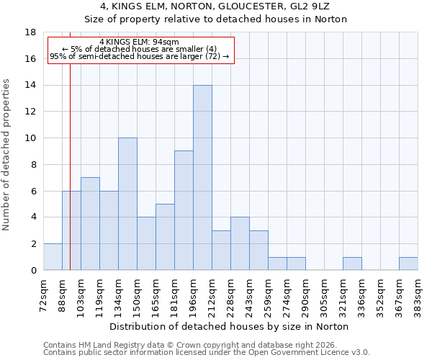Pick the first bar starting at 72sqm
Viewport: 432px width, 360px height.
53,257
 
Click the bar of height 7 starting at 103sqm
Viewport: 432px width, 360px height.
90,224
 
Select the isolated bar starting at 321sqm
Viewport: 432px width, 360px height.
352,264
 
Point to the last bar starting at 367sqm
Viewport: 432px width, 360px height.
408,264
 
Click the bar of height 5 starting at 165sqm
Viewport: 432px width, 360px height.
165,237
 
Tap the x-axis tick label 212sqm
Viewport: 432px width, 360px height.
212,291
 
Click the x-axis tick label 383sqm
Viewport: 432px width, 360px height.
418,291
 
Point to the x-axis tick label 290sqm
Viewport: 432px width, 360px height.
305,291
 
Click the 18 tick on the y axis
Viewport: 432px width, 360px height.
30,32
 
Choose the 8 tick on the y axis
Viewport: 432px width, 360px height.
33,165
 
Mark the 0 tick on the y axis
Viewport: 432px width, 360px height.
33,271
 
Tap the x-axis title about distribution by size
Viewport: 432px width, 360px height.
230,326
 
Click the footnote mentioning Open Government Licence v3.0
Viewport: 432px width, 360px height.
207,352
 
